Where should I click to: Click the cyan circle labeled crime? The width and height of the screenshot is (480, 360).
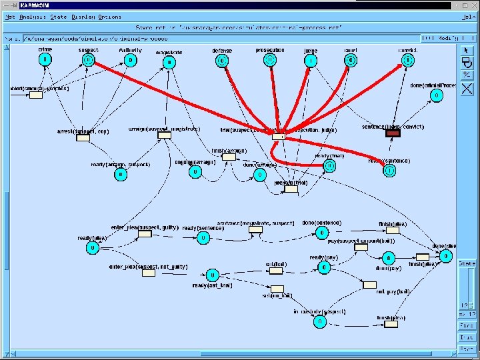coord(45,59)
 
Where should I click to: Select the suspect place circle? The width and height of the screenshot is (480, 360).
coord(88,60)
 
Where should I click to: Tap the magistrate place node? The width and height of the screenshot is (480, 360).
coord(169,63)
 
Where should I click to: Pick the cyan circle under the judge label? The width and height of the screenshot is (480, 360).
coord(310,61)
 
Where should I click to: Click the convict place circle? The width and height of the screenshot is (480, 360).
coord(407,61)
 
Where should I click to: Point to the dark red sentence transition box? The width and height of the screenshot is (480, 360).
coord(393,133)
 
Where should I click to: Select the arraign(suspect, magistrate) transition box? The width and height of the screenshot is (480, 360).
coord(165,135)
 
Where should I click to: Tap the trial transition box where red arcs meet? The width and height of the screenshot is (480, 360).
coord(279,137)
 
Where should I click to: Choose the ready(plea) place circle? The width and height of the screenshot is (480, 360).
coord(92,248)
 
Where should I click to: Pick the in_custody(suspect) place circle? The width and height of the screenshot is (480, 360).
coord(319,321)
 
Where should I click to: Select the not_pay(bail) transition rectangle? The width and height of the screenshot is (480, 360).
coord(369,285)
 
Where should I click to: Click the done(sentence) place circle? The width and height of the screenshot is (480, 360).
coord(322,233)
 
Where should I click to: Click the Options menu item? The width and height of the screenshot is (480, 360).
coord(111,16)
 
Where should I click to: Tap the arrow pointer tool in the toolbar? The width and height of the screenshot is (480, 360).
coord(467,50)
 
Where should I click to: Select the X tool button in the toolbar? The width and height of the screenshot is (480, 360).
coord(467,88)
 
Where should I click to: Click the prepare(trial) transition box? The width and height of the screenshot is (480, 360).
coord(291,189)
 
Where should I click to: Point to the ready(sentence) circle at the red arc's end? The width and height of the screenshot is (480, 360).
coord(389,171)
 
